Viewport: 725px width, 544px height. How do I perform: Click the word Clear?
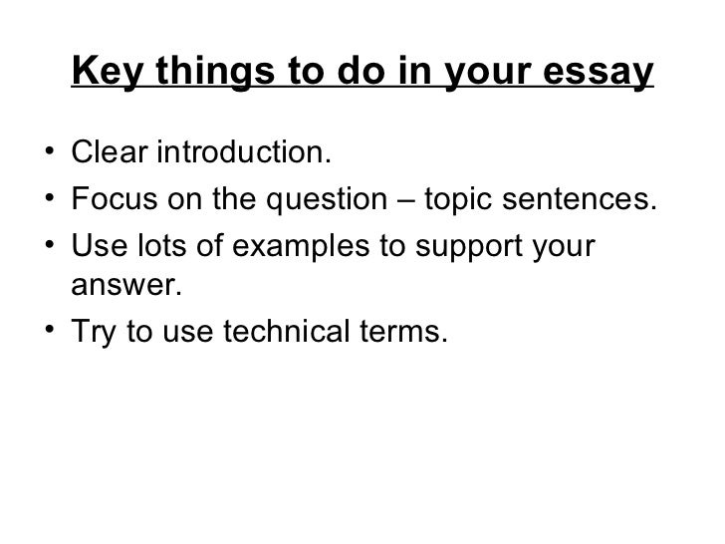coord(109,156)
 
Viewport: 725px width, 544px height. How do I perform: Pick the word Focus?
coord(112,199)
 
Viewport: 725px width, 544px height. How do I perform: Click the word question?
coord(337,199)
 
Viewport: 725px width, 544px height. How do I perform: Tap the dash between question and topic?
coord(406,200)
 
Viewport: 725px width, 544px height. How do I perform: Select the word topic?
coord(456,200)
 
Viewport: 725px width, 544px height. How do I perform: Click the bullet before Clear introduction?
coord(49,156)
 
